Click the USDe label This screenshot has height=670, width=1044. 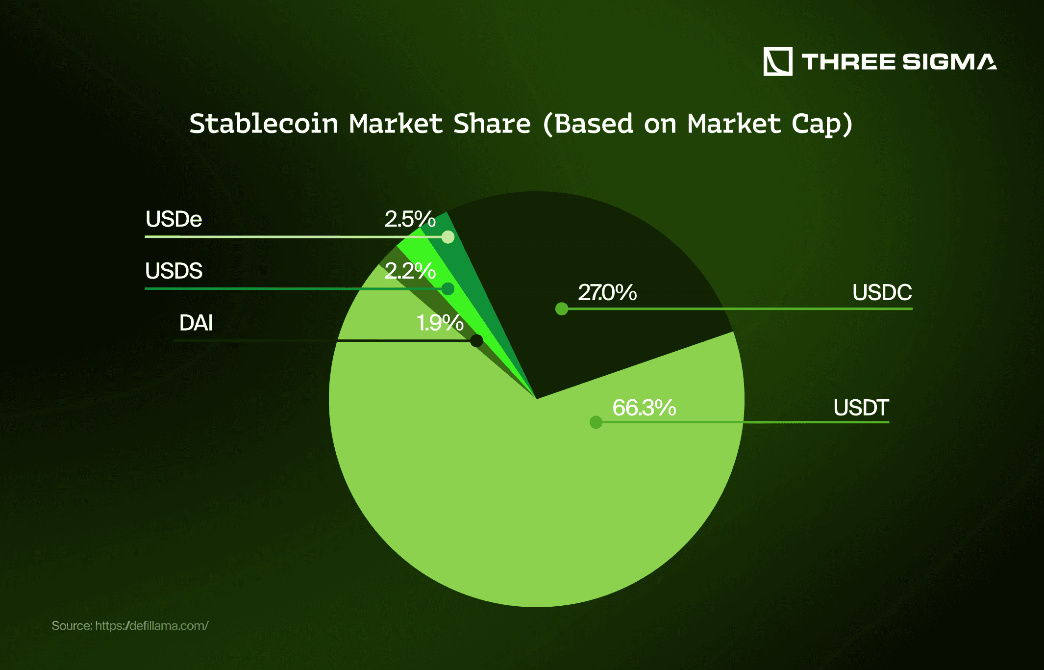click(174, 219)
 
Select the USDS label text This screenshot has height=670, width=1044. click(174, 271)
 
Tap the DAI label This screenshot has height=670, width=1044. click(196, 323)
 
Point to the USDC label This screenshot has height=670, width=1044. click(882, 293)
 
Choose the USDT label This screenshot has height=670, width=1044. click(861, 408)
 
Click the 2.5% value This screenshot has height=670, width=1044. click(410, 219)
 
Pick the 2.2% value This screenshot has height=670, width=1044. click(410, 271)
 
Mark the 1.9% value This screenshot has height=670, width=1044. click(440, 323)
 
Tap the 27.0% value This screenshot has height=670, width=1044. click(607, 293)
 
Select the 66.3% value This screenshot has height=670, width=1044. click(644, 408)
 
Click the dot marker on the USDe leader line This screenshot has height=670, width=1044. click(447, 237)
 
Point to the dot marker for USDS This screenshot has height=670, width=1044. click(447, 289)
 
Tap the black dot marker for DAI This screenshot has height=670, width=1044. click(476, 340)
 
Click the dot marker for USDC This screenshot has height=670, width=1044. click(562, 309)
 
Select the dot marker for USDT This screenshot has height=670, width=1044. click(596, 422)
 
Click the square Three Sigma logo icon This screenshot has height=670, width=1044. click(778, 62)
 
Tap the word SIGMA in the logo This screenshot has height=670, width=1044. click(949, 62)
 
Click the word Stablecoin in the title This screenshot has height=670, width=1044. click(264, 124)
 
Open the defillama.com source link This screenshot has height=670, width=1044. click(152, 626)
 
